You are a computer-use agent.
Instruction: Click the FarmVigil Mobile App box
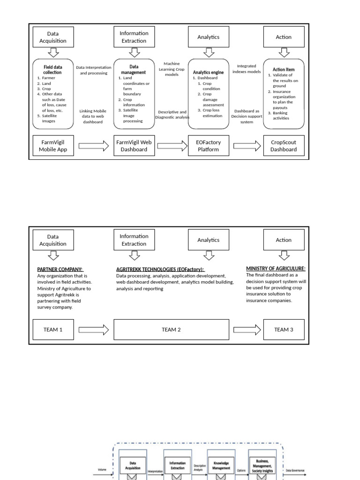coord(53,145)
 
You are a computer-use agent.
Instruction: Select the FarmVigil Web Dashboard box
coord(134,145)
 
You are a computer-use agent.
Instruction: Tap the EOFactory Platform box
coord(208,145)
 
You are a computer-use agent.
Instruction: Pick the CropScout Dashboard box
coord(284,145)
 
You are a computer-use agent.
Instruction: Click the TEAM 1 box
coord(53,330)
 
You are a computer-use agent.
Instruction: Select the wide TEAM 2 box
coord(171,330)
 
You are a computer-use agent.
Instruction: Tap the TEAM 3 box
coord(284,330)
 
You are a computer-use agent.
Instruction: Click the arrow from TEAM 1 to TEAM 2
coord(94,330)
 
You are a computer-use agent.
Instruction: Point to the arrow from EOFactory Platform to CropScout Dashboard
coord(247,146)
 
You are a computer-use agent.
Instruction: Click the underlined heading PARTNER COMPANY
coord(60,270)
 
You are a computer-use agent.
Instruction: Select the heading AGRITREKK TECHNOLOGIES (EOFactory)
coord(160,270)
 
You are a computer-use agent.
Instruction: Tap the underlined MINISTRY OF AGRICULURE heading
coord(276,269)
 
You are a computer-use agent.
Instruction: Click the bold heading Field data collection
coord(52,70)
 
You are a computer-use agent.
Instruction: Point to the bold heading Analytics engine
coord(208,72)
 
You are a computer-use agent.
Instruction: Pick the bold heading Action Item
coord(284,69)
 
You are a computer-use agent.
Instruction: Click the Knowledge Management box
coord(221,465)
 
